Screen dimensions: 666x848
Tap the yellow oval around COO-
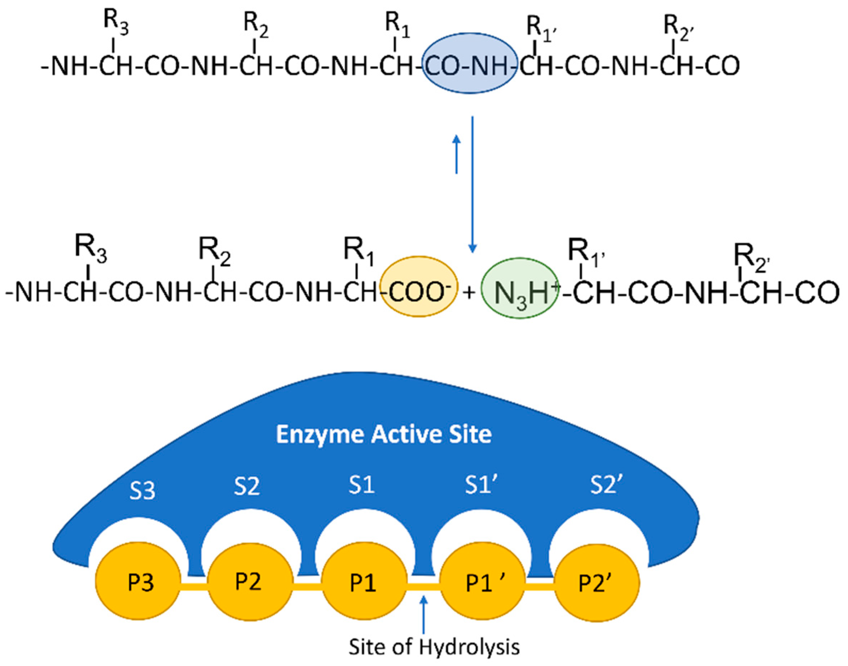click(418, 287)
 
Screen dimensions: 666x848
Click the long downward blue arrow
click(473, 183)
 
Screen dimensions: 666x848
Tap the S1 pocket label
click(361, 485)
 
